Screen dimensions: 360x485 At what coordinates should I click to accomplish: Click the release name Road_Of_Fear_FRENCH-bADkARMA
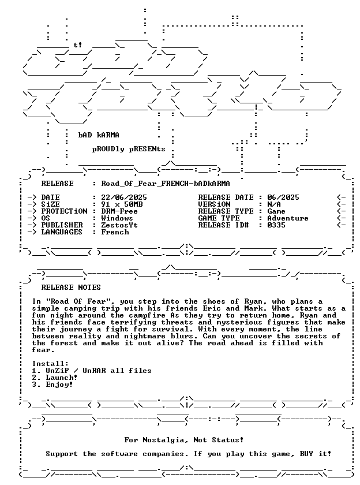click(166, 184)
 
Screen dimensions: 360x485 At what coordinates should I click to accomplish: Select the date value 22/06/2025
click(124, 197)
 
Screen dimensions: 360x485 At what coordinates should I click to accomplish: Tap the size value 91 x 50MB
click(122, 204)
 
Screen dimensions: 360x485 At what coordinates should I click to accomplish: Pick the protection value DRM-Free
click(119, 211)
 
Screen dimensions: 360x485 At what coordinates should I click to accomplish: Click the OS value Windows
click(117, 218)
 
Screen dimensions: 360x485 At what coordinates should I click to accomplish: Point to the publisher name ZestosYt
click(119, 225)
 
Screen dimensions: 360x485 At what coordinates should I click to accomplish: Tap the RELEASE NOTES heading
click(71, 288)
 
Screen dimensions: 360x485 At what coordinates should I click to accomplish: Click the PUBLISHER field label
click(62, 225)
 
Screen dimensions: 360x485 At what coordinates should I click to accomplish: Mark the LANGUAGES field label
click(62, 232)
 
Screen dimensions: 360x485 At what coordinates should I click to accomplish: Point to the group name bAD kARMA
click(99, 135)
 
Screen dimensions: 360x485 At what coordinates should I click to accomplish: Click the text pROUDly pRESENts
click(129, 149)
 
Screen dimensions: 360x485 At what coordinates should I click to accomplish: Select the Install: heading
click(50, 364)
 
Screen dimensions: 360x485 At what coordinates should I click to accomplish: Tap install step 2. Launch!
click(55, 378)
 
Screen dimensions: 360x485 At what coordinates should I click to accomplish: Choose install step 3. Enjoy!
click(52, 385)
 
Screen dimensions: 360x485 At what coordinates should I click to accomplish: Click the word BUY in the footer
click(306, 454)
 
